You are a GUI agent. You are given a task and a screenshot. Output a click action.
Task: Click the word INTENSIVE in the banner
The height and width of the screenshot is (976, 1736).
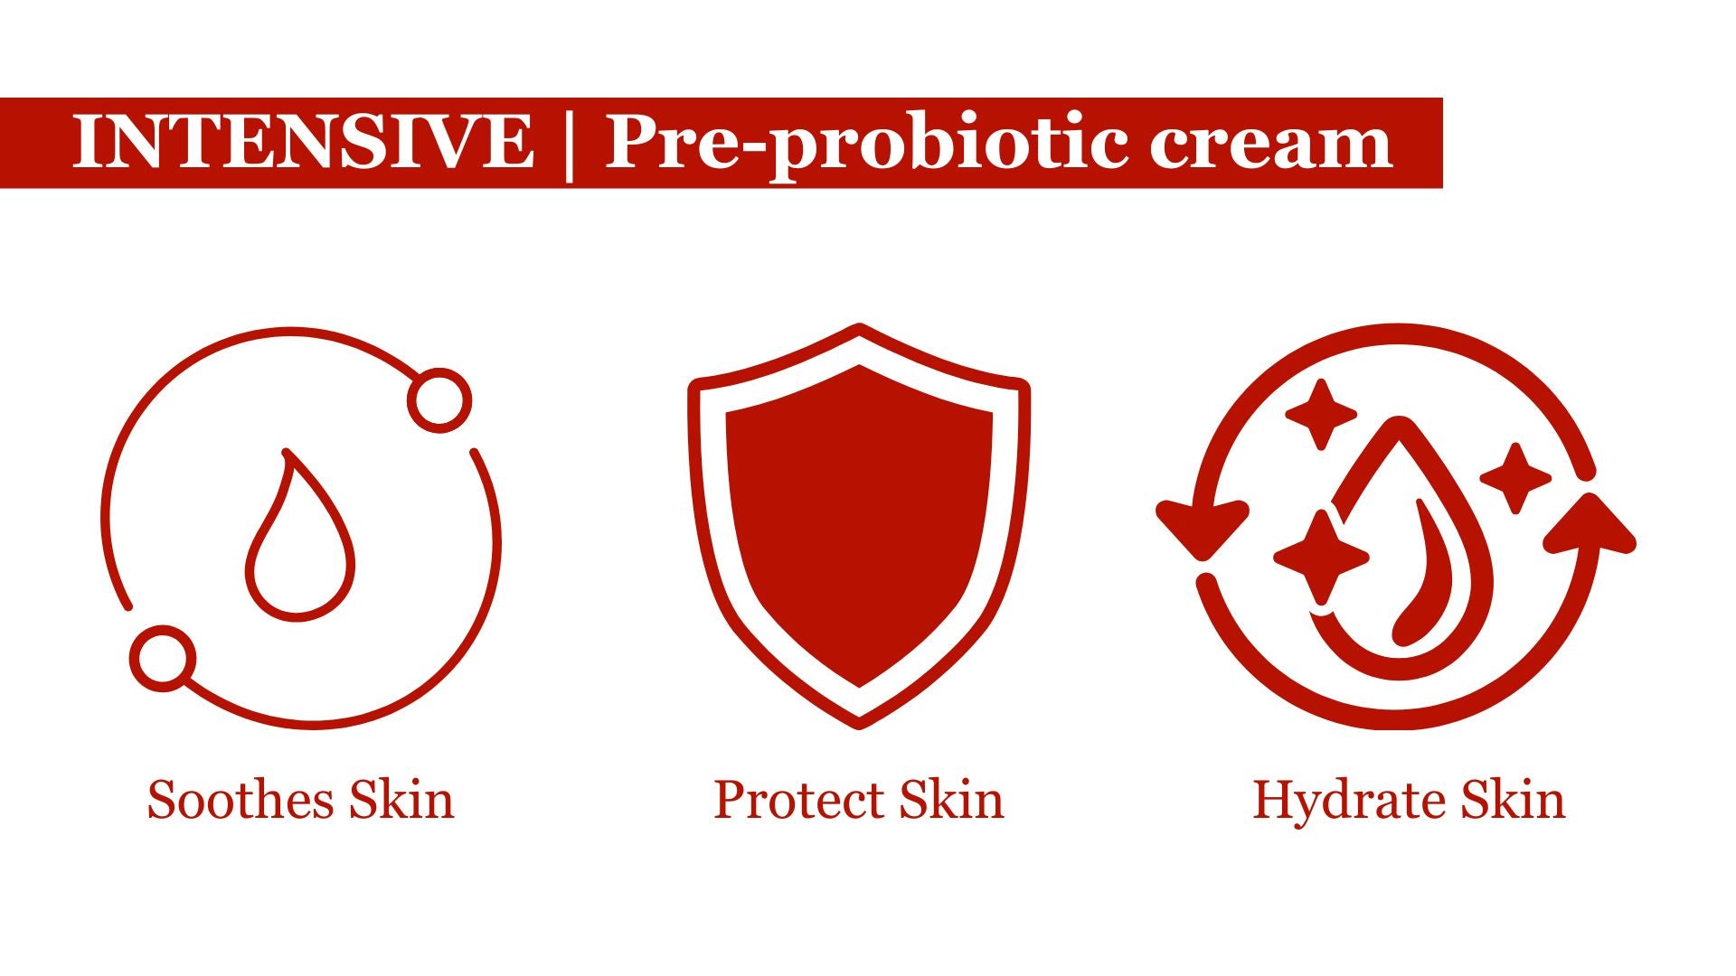coord(303,142)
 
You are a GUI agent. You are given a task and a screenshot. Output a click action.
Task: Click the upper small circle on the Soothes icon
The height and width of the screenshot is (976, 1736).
coord(439,400)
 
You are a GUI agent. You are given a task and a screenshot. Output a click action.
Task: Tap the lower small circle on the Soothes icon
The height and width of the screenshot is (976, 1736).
coord(163,659)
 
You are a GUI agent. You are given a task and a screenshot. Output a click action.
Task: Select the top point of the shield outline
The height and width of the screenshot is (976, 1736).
coord(859,327)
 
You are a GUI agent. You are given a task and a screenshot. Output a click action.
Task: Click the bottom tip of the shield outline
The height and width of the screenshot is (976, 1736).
coord(859,724)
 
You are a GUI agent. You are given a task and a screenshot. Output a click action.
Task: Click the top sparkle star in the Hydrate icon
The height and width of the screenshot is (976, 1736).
coord(1321,415)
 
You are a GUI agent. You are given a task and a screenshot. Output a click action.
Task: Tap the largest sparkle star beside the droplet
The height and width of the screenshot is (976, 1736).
coord(1321,557)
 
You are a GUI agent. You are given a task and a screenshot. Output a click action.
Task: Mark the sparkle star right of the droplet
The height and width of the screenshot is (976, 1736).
coord(1515,478)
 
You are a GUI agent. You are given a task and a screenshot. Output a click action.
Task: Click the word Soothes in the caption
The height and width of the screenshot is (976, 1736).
coord(241,800)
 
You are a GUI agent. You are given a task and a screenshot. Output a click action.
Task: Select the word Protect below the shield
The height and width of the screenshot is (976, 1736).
coord(798,800)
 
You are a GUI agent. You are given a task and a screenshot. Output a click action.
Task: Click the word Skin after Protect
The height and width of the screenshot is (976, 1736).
coord(952,800)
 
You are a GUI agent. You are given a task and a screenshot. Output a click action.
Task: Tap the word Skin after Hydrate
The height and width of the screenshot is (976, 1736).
coord(1513,800)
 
